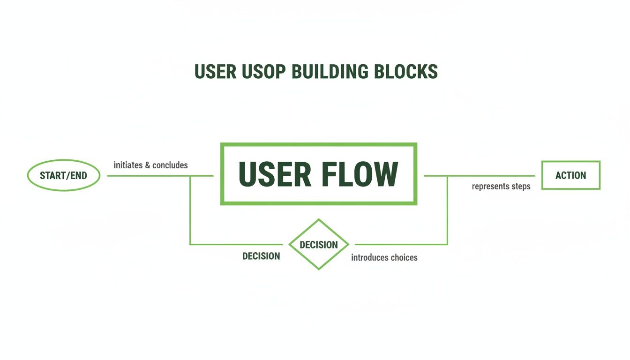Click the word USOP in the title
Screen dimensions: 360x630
pos(263,72)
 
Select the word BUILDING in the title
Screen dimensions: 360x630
pos(330,72)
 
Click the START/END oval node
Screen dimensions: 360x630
pos(64,176)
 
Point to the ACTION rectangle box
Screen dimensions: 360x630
pos(570,175)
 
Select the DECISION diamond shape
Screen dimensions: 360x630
pos(319,244)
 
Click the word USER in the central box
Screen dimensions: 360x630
pos(275,174)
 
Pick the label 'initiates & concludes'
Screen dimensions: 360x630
pos(150,165)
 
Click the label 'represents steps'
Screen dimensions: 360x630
pos(501,187)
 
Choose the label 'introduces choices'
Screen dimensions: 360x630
pos(384,257)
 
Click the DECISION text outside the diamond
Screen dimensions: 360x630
pos(261,256)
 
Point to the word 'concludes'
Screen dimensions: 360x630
pos(171,165)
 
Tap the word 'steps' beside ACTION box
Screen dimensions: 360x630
pos(521,187)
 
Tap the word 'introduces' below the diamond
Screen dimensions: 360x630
pos(368,257)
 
